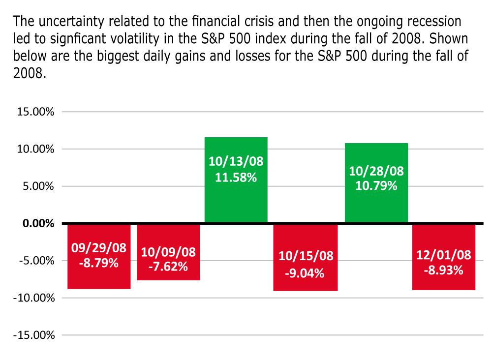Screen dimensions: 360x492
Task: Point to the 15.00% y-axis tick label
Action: (x=35, y=112)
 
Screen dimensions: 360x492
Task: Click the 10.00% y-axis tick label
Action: (x=35, y=150)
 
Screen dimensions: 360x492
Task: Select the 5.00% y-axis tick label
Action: (x=37, y=187)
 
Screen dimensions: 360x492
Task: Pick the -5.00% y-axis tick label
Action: (x=36, y=261)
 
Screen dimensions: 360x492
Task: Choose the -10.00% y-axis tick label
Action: (x=33, y=298)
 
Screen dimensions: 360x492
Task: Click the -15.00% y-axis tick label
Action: (x=33, y=335)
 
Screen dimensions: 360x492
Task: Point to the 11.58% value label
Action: (x=236, y=178)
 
